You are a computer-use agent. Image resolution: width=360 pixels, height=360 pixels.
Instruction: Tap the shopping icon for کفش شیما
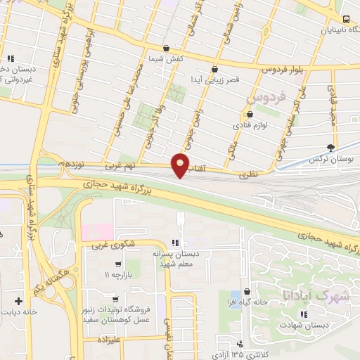165,47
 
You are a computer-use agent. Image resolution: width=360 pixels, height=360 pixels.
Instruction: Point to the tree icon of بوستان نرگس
330,147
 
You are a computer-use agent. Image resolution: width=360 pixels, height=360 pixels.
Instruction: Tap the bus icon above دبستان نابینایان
346,20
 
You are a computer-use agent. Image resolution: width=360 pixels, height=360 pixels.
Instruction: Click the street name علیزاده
115,338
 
